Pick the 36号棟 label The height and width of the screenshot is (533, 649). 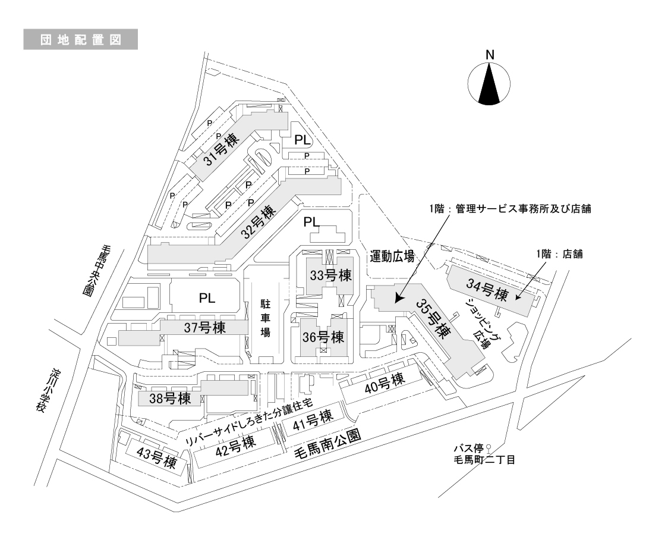323,337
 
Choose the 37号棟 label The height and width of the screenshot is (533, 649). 204,328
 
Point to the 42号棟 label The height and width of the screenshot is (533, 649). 234,444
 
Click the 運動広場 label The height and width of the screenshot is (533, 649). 391,257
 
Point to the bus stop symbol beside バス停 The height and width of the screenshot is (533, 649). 489,449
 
